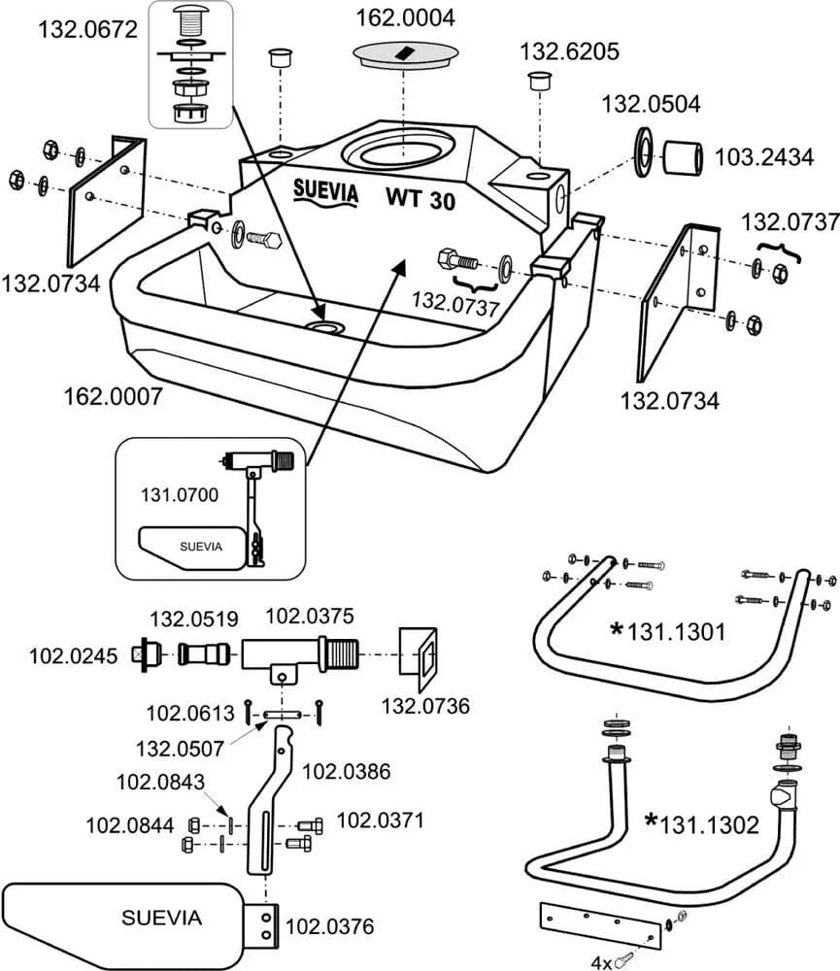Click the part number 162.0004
[x=405, y=18]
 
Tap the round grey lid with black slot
[x=403, y=54]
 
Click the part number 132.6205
[x=568, y=51]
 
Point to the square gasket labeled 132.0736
[x=420, y=655]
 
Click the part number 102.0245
[x=73, y=655]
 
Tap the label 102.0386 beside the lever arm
[x=347, y=772]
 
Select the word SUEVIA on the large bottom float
[x=161, y=917]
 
